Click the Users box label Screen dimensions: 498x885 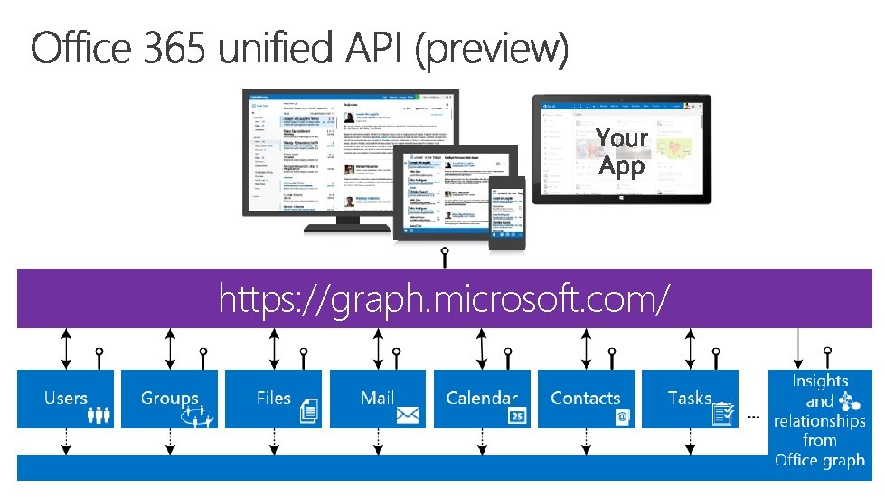tap(65, 398)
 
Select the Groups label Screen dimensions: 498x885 tap(169, 398)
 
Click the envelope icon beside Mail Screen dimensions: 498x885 tap(408, 415)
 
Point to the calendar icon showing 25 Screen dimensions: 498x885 tap(517, 415)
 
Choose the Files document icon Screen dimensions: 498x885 tap(309, 412)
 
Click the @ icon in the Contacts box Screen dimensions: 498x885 tap(623, 416)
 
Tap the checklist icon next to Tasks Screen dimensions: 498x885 tap(723, 413)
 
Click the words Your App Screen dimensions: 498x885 tap(622, 152)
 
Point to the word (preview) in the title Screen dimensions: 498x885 tap(492, 51)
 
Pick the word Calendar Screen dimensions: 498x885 tap(482, 398)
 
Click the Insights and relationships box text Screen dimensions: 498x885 tap(819, 420)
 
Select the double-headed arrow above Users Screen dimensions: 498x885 tap(65, 347)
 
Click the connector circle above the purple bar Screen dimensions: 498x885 tap(444, 251)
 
